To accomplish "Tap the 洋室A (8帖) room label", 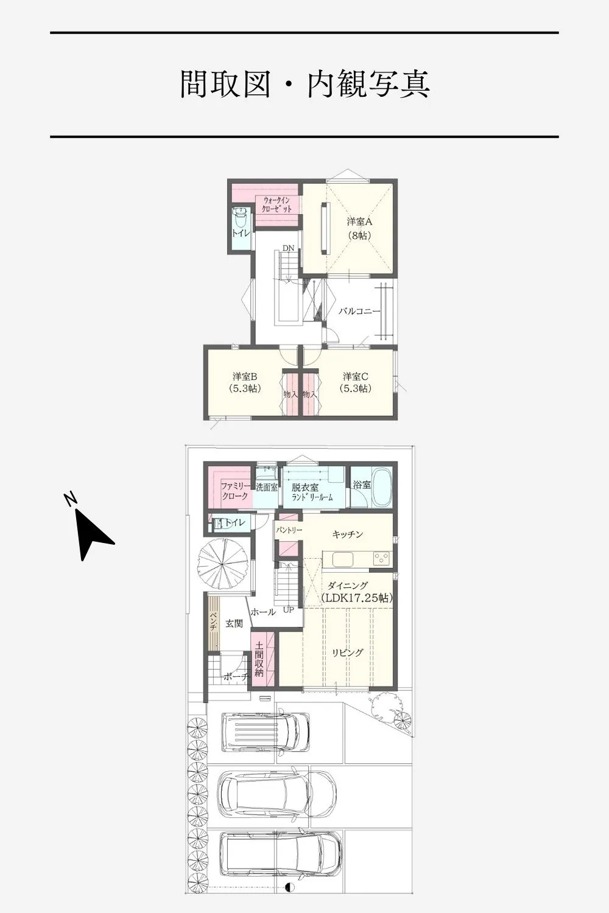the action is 359,228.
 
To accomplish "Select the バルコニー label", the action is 359,312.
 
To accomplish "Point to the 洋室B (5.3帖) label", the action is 245,382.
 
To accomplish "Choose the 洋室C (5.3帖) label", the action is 355,382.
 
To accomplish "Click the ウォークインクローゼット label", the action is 277,205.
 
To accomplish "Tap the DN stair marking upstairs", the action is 289,248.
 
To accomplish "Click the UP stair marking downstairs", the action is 289,610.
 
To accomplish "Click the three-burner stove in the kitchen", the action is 382,558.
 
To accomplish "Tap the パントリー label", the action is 289,530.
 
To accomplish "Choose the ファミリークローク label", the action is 235,491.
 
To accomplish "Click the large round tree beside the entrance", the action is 221,564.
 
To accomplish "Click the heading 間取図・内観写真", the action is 304,84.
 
